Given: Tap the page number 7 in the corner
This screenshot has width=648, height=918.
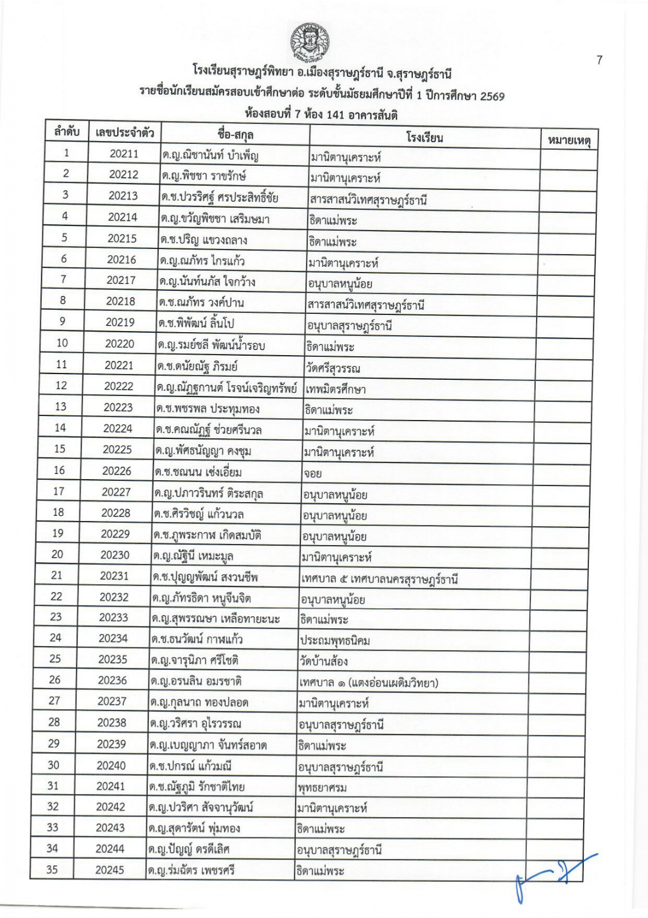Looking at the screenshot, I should click(599, 60).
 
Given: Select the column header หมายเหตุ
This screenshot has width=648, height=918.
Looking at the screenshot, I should click(569, 140).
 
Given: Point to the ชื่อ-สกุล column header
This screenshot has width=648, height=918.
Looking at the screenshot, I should click(235, 134).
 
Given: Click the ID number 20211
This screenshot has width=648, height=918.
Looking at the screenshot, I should click(124, 153).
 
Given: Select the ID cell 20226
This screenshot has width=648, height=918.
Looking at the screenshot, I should click(116, 470).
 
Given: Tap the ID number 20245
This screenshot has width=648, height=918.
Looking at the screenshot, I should click(110, 870).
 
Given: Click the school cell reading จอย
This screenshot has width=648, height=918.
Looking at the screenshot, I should click(313, 473).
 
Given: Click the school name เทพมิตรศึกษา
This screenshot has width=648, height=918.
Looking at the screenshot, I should click(335, 390).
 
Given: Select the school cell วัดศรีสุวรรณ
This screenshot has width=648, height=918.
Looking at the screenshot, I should click(333, 368).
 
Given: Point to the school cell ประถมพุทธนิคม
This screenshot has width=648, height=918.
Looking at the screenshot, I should click(334, 640).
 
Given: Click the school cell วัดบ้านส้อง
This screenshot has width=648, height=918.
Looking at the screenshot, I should click(323, 662).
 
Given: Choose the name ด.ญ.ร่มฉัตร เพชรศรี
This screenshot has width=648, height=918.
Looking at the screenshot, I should click(192, 871).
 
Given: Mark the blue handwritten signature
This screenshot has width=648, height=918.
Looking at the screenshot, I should click(552, 877).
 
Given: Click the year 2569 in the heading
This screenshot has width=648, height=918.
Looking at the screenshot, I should click(492, 96).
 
